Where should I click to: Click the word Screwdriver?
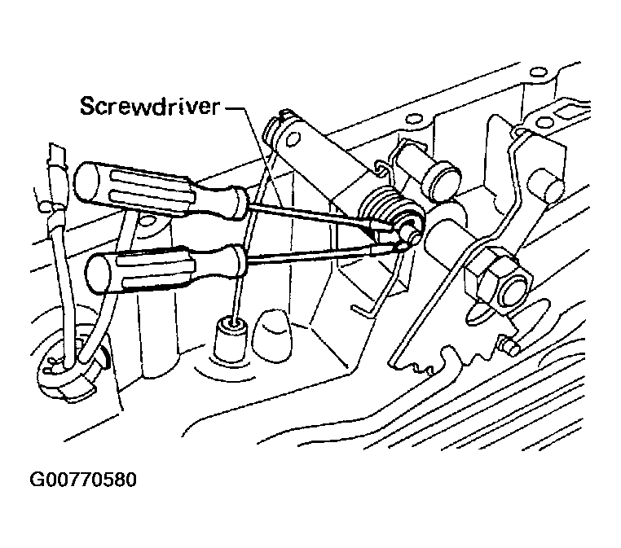(149, 106)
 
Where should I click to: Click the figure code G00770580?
(83, 480)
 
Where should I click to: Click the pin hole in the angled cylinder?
(293, 138)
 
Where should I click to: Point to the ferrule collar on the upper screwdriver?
(238, 203)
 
